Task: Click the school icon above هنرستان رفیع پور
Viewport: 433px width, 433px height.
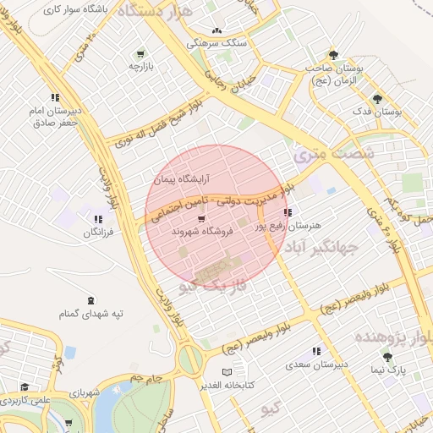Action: click(x=288, y=213)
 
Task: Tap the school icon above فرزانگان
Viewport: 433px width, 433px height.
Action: click(x=99, y=219)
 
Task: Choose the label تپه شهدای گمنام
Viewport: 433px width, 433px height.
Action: click(x=90, y=314)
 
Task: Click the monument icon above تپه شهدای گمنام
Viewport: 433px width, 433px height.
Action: click(x=90, y=301)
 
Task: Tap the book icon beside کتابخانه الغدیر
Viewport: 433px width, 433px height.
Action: click(x=225, y=372)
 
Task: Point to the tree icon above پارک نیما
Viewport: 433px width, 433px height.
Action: click(x=389, y=357)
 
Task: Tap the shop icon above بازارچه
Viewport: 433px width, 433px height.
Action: click(x=151, y=52)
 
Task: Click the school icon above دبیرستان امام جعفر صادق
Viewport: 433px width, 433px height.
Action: click(x=55, y=97)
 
